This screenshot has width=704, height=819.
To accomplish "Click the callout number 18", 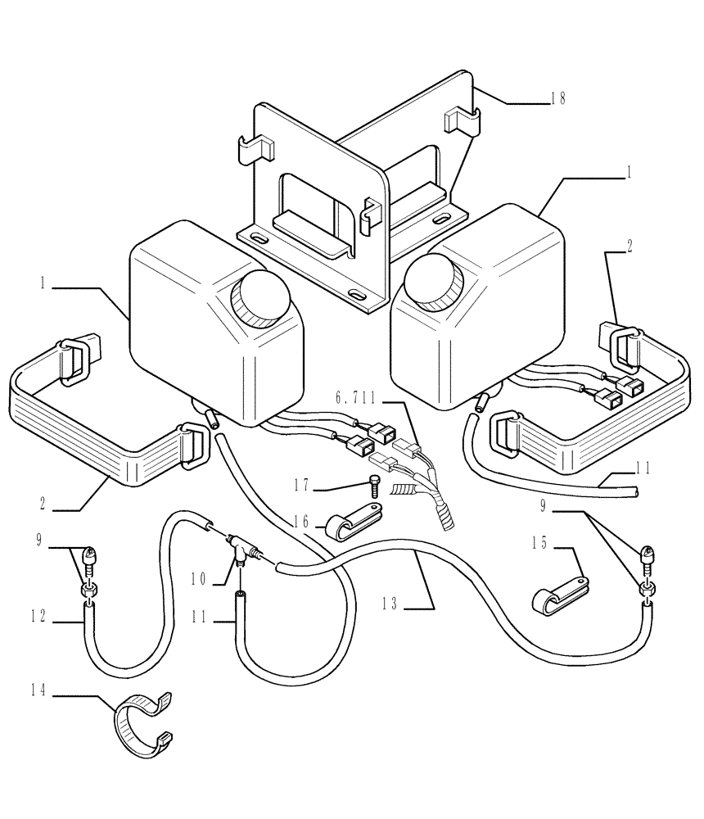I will coord(557,99).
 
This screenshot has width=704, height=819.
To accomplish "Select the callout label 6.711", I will coord(354,398).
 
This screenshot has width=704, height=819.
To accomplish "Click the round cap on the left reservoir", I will coord(262,296).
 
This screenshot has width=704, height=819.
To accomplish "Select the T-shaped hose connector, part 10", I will coord(238,544).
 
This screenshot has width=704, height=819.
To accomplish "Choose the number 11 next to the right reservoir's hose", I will coord(643,469).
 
